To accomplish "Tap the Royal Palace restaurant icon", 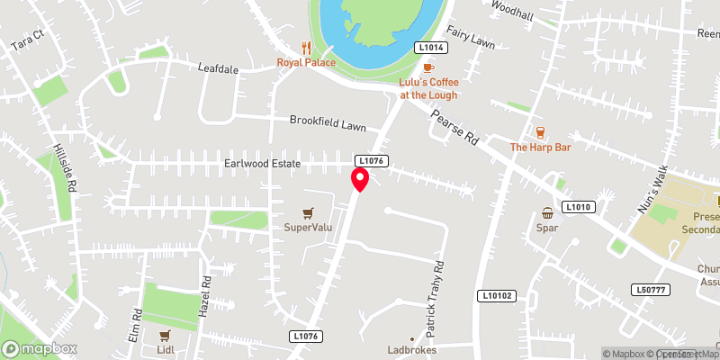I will pyautogui.click(x=307, y=48).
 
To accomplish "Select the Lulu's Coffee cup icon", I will pyautogui.click(x=428, y=67).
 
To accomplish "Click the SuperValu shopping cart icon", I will pyautogui.click(x=309, y=212).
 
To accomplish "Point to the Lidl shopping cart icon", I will pyautogui.click(x=165, y=335).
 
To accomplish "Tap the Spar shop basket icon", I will pyautogui.click(x=547, y=213).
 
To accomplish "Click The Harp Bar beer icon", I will pyautogui.click(x=541, y=132).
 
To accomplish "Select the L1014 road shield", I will pyautogui.click(x=429, y=47).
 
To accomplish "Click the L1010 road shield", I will pyautogui.click(x=578, y=207).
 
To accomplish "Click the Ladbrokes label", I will pyautogui.click(x=410, y=348).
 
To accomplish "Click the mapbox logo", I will pyautogui.click(x=40, y=348).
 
